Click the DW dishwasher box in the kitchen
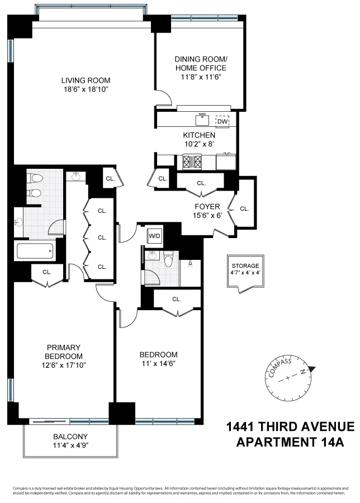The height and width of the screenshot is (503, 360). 222,121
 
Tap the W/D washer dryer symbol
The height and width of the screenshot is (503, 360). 154,236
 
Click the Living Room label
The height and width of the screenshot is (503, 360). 86,80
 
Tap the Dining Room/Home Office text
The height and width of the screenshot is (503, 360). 201,63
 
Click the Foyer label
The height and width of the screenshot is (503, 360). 207,206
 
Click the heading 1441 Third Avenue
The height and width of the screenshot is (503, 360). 290,427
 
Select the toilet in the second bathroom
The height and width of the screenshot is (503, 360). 168,259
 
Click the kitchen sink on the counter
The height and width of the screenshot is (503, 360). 202,120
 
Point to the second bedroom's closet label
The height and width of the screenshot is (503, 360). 177,299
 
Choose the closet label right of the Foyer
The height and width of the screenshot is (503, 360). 244,208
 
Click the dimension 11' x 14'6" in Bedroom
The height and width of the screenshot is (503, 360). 158,364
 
